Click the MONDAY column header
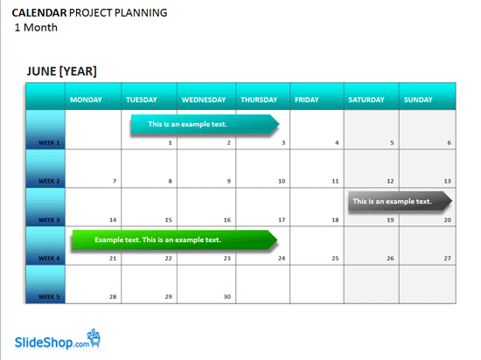tap(86, 100)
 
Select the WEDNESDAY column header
tap(204, 100)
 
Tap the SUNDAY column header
tap(418, 100)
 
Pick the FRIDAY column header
tap(307, 100)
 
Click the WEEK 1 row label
tap(49, 142)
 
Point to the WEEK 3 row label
tap(49, 220)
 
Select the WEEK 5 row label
tap(49, 296)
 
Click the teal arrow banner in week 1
tap(205, 124)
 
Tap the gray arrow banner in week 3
tap(400, 201)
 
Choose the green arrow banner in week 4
tap(175, 239)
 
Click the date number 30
tap(227, 296)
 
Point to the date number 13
tap(447, 181)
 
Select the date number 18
tap(335, 220)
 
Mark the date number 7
tap(115, 181)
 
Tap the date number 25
tap(335, 259)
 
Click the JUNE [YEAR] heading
tap(62, 72)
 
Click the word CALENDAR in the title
tap(39, 13)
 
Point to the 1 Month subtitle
tap(36, 28)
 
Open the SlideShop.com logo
tap(58, 340)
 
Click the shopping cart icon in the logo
tap(94, 337)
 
